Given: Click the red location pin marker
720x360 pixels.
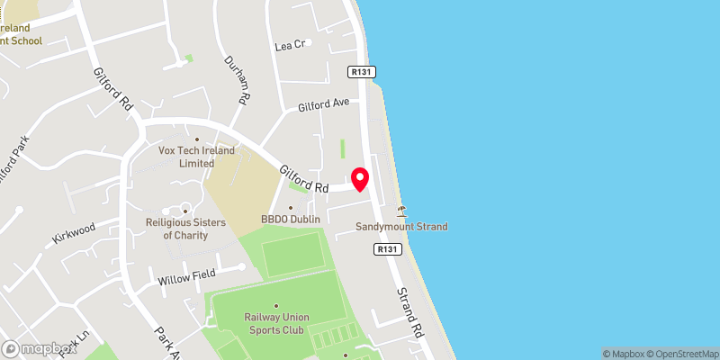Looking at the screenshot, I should click(360, 179).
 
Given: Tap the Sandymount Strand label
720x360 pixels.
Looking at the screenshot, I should click(401, 227).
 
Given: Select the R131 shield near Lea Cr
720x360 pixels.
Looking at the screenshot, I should click(362, 71).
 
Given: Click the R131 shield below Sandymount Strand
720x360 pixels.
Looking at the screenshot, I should click(387, 248).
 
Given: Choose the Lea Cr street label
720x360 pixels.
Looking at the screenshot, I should click(291, 45).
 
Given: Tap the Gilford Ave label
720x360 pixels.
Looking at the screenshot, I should click(323, 104).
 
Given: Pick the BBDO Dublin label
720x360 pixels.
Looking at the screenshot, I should click(291, 219).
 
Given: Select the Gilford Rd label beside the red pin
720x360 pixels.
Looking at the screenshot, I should click(303, 177).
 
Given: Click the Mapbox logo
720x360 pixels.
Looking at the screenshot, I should click(39, 348).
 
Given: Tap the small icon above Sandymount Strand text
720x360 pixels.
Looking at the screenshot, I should click(401, 211).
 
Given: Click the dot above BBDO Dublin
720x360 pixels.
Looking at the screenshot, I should click(290, 207).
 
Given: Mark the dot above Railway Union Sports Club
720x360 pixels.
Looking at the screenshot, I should click(275, 305).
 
